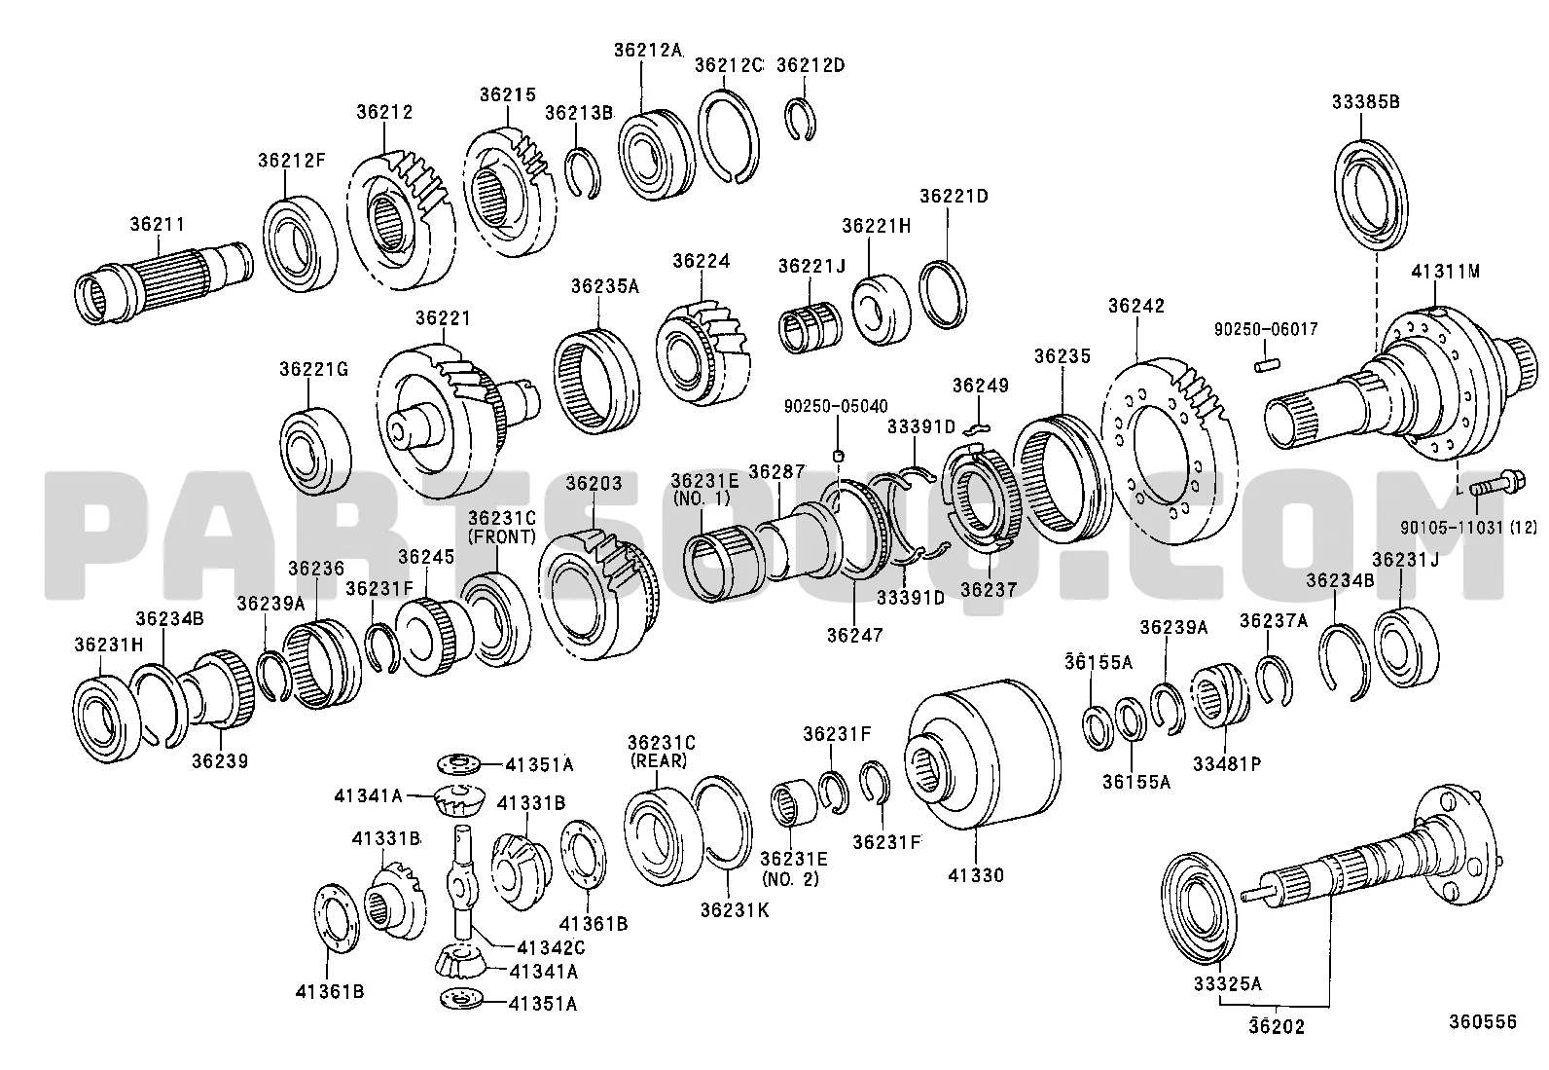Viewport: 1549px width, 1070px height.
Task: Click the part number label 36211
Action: (158, 224)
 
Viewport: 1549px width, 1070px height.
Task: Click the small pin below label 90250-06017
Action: (1264, 365)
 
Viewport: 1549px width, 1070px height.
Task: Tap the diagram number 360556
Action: (1482, 1021)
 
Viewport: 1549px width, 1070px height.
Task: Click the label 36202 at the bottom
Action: (1277, 1026)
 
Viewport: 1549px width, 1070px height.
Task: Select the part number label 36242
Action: (1135, 306)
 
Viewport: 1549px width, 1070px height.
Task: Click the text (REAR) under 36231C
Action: (659, 760)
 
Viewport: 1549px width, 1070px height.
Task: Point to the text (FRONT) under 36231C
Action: (501, 536)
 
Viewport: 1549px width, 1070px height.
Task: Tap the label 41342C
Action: (551, 947)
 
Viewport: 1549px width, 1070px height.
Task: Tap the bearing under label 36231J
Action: (1406, 644)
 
